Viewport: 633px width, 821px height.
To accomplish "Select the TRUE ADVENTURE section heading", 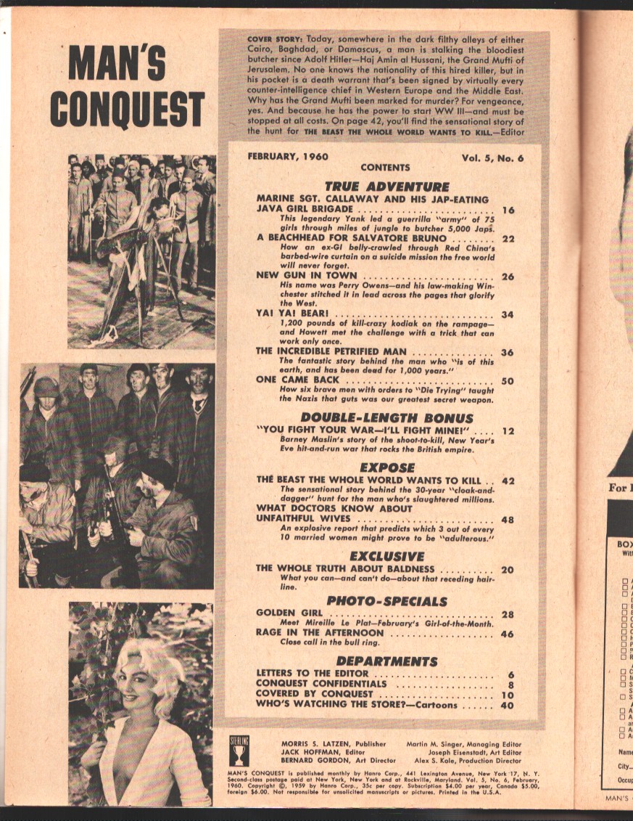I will [386, 187].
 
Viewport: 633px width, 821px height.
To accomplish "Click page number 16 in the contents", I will [508, 211].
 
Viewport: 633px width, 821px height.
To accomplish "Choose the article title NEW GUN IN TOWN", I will [307, 276].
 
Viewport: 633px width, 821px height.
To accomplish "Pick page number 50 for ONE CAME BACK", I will [508, 380].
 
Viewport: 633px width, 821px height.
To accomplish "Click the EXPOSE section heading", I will [386, 467].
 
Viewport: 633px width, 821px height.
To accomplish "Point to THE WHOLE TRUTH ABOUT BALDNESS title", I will [345, 568].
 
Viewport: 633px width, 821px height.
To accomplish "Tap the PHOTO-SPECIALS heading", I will [386, 600].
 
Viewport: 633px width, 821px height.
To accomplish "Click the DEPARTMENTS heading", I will [386, 661].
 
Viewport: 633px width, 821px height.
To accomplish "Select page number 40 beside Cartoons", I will [508, 704].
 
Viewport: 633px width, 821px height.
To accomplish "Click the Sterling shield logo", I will [239, 748].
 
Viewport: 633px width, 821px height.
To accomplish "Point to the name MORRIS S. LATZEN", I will [313, 743].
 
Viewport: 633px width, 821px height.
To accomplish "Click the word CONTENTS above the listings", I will [384, 168].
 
